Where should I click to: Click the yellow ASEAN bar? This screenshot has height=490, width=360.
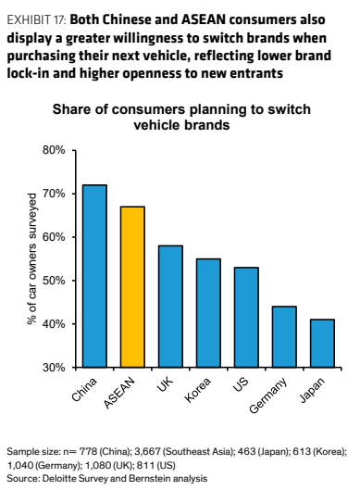pyautogui.click(x=132, y=286)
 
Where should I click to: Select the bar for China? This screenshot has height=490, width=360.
pyautogui.click(x=94, y=276)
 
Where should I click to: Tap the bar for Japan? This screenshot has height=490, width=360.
pyautogui.click(x=322, y=343)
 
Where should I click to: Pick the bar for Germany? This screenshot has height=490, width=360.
pyautogui.click(x=284, y=336)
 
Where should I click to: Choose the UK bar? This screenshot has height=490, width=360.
pyautogui.click(x=170, y=307)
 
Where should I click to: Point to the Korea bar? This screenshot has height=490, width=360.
pyautogui.click(x=208, y=313)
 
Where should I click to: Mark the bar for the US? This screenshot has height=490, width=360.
pyautogui.click(x=246, y=317)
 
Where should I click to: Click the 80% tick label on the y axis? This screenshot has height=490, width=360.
pyautogui.click(x=54, y=150)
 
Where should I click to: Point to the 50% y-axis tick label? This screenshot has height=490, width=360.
pyautogui.click(x=54, y=281)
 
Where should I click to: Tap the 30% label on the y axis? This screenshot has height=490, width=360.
pyautogui.click(x=54, y=368)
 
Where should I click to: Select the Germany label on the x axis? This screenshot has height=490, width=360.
pyautogui.click(x=268, y=396)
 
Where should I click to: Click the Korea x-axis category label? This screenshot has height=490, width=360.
pyautogui.click(x=198, y=389)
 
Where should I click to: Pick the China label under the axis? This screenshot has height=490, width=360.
pyautogui.click(x=84, y=389)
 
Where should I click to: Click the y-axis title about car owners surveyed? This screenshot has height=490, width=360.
pyautogui.click(x=31, y=259)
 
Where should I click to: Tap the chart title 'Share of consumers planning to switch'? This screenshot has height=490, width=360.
pyautogui.click(x=181, y=109)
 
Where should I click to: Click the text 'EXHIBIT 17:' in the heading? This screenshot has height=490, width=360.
pyautogui.click(x=36, y=20)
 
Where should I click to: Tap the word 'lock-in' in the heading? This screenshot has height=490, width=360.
pyautogui.click(x=28, y=73)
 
